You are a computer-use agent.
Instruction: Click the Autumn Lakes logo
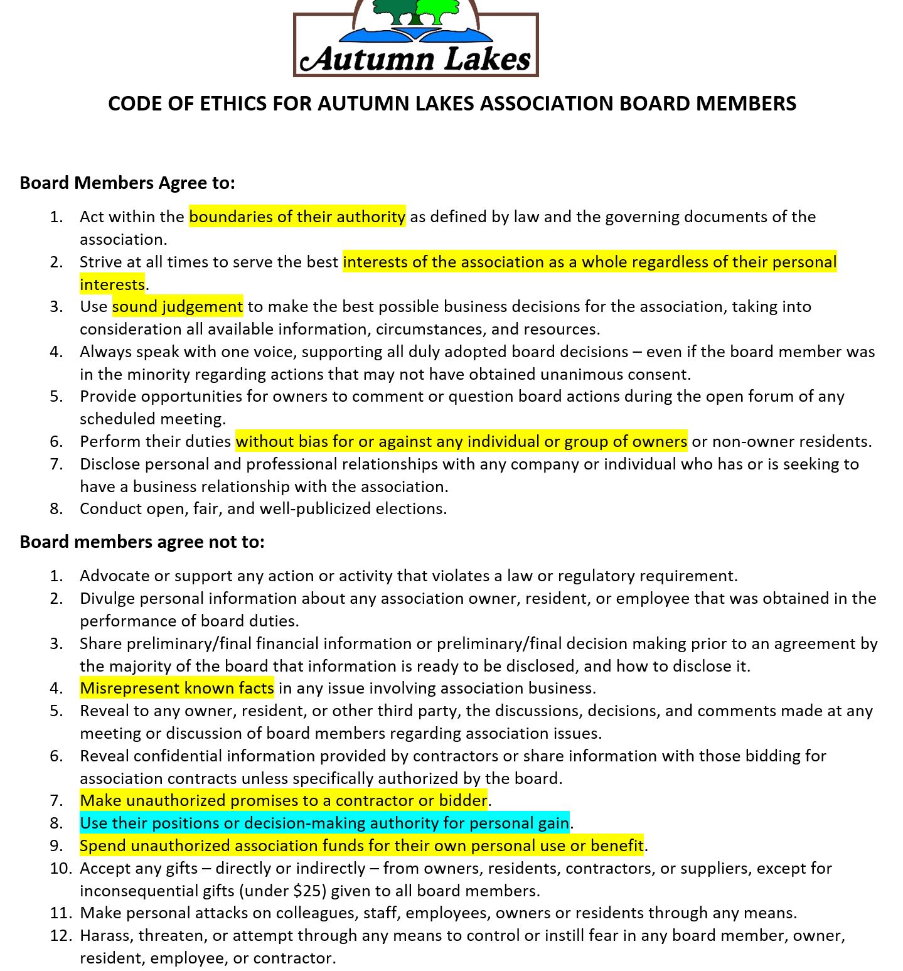pos(415,39)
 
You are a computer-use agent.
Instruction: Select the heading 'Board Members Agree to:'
pos(127,183)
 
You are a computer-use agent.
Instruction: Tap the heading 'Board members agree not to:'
pos(142,542)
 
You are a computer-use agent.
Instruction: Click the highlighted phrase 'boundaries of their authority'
pos(297,217)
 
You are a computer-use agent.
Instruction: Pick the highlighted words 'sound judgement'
pos(177,307)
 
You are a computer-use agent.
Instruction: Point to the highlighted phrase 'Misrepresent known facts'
pos(176,689)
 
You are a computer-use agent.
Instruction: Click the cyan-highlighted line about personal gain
pos(324,823)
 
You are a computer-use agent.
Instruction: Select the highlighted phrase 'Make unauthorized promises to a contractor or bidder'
pos(283,800)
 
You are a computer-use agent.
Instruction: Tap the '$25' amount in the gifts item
pos(309,891)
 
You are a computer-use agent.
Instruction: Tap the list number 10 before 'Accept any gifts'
pos(61,868)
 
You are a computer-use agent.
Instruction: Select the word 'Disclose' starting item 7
pos(110,464)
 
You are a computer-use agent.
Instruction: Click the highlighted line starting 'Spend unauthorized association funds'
pos(361,845)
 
